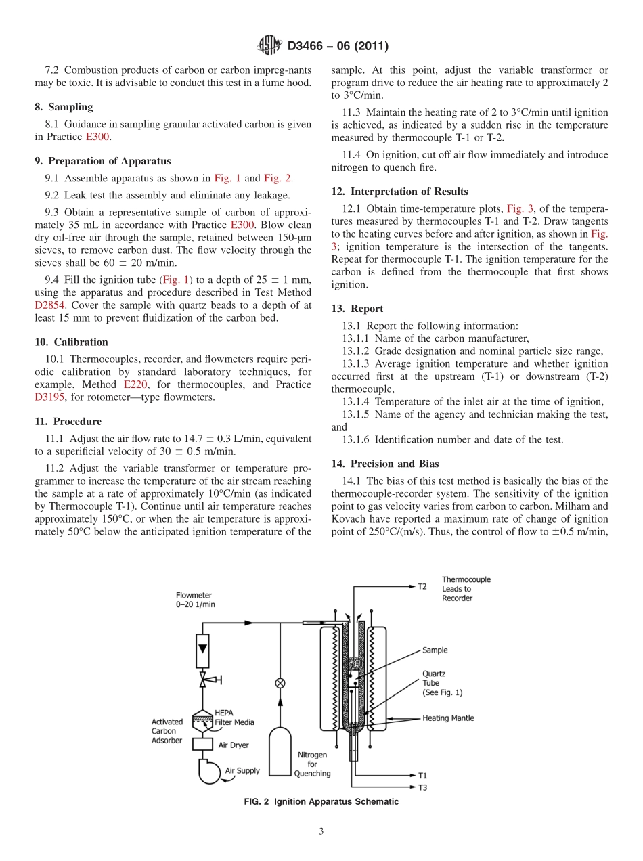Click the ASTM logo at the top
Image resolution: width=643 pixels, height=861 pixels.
tap(271, 46)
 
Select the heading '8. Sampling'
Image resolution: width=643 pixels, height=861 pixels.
tap(64, 107)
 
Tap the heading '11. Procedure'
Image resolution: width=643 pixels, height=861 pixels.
tap(68, 422)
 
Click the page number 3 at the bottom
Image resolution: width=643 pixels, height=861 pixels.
tap(321, 831)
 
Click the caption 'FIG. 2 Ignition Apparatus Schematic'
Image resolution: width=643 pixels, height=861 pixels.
tap(321, 802)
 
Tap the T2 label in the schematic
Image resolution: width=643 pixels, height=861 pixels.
tap(422, 586)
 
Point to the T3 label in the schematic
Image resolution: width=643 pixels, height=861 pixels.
tap(422, 787)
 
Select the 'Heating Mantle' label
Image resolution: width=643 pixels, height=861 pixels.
tap(448, 718)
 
